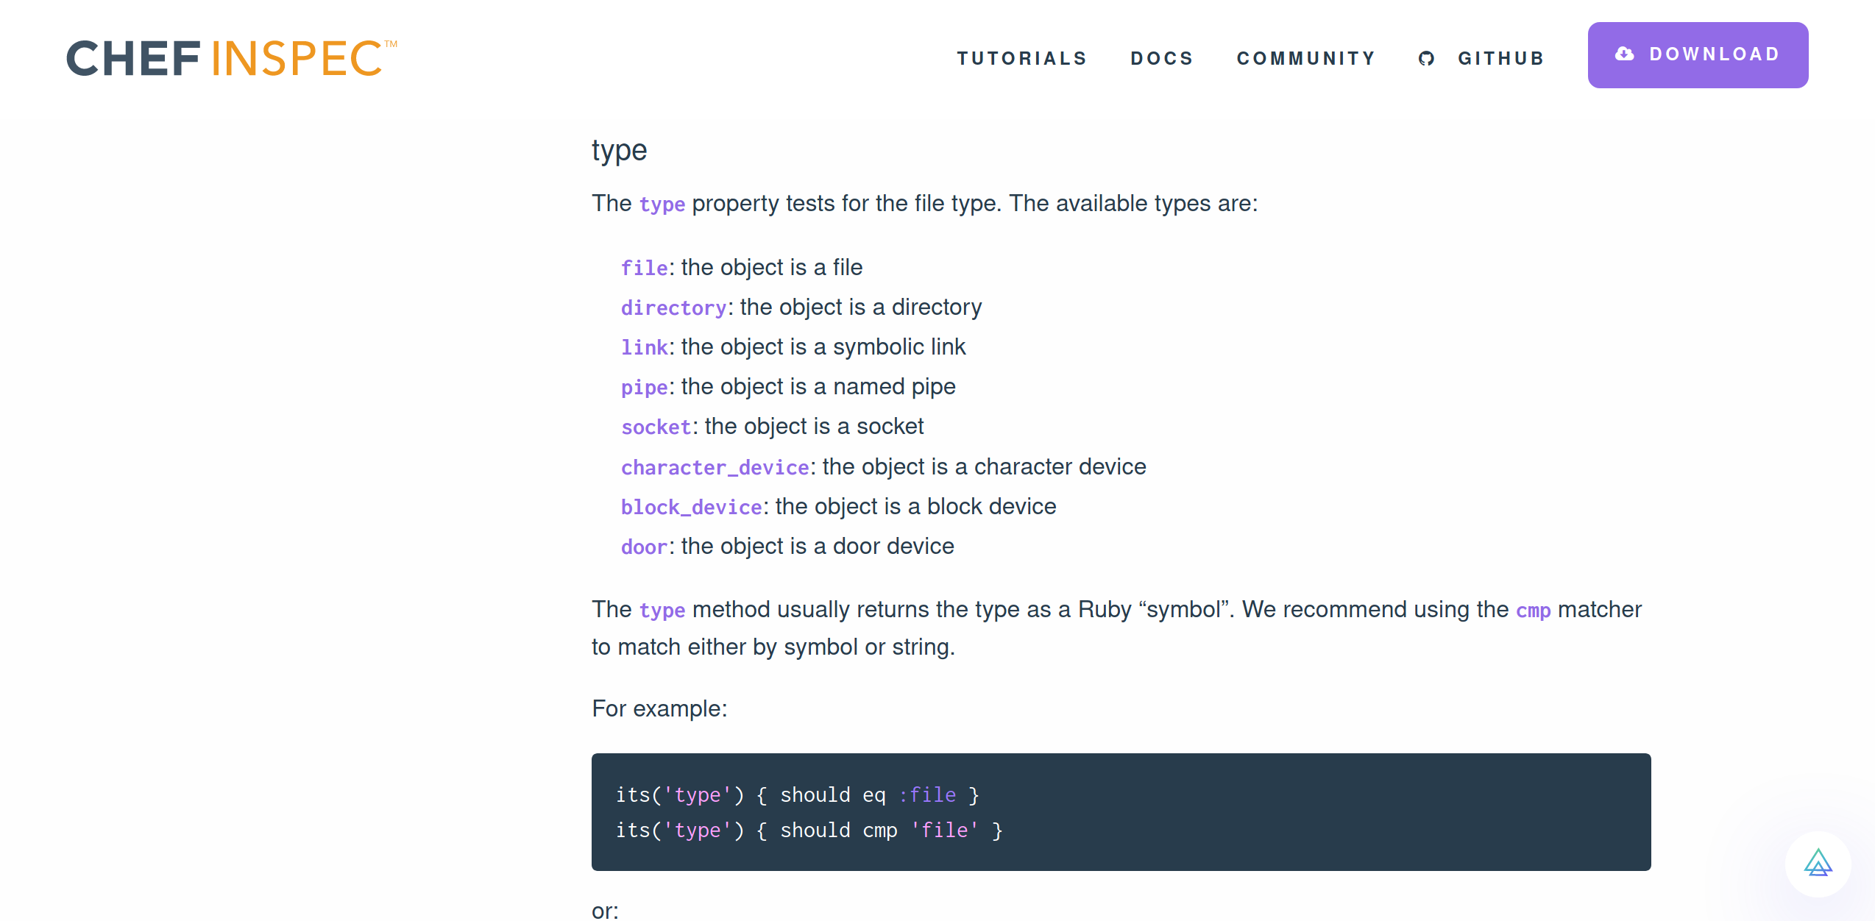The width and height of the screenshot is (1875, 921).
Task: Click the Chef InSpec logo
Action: click(x=231, y=58)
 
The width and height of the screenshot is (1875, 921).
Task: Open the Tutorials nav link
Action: click(x=1021, y=58)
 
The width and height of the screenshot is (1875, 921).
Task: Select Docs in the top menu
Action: click(x=1161, y=58)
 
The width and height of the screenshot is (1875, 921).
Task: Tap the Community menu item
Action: click(x=1306, y=58)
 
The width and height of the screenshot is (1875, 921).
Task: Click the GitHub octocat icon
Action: click(x=1426, y=58)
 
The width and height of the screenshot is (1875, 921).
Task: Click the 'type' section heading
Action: click(x=619, y=150)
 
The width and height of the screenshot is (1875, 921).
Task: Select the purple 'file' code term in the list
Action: click(x=644, y=268)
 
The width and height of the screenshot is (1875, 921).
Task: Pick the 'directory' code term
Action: click(x=673, y=307)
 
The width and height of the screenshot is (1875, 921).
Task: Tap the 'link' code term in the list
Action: click(x=644, y=347)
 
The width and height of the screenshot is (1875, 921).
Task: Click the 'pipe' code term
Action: click(x=644, y=387)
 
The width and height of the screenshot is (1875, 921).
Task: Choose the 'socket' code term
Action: click(x=656, y=427)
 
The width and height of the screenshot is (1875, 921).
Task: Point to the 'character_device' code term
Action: click(x=715, y=467)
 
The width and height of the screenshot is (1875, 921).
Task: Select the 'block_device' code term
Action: click(x=691, y=507)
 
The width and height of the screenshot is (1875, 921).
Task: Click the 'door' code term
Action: click(x=644, y=547)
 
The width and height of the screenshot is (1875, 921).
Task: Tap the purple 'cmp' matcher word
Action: click(x=1533, y=611)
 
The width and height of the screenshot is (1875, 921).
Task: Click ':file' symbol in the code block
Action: click(x=927, y=794)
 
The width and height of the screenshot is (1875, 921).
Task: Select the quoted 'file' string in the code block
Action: click(x=945, y=830)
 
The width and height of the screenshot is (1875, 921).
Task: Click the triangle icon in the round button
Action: click(x=1818, y=864)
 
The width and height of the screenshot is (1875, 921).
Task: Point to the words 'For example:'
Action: click(x=659, y=708)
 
